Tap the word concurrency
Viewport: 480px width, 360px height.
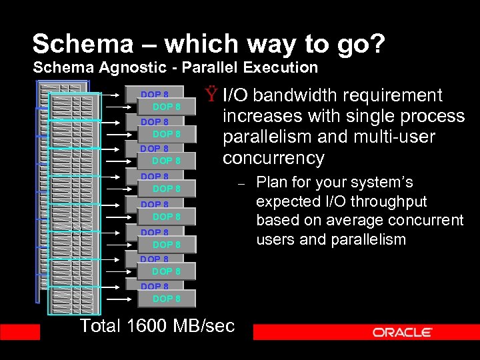(273, 159)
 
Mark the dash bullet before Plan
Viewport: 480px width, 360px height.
(243, 183)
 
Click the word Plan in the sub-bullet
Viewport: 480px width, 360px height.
(271, 183)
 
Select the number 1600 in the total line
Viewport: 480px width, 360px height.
(151, 325)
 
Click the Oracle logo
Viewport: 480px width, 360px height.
(403, 332)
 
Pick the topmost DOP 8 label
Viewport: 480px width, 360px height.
(154, 95)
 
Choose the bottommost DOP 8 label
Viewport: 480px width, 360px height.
(167, 299)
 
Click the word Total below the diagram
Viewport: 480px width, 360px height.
(101, 325)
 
